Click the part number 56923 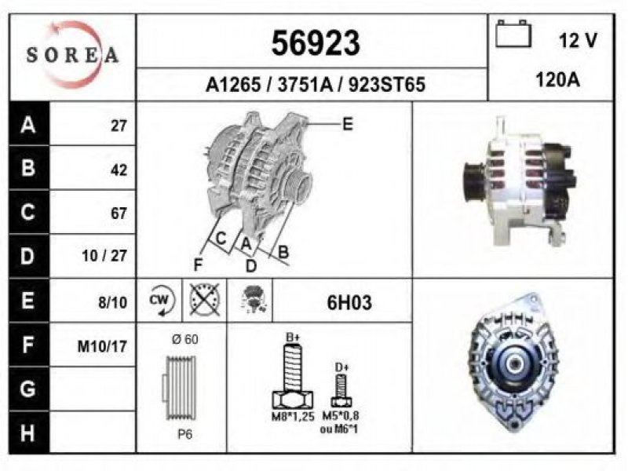[316, 43]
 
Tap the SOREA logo [72, 54]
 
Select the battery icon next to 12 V [513, 34]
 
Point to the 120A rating [557, 80]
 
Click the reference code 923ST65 [387, 85]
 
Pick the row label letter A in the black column [28, 125]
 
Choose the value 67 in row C [119, 213]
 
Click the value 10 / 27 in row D [104, 256]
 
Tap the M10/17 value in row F [102, 346]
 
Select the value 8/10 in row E [112, 302]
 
